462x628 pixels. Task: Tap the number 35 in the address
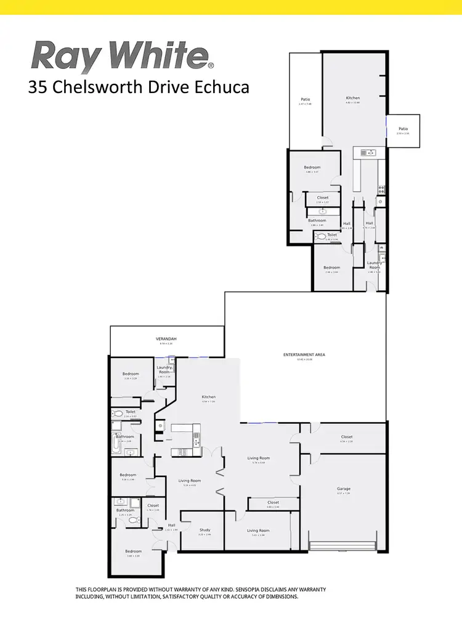[x=38, y=88]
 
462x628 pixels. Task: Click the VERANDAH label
[x=166, y=339]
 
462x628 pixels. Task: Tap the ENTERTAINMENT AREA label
[x=304, y=355]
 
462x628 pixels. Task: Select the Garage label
[x=343, y=489]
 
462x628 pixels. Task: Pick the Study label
[x=205, y=530]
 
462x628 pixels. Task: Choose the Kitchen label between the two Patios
[x=352, y=98]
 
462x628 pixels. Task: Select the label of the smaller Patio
[x=403, y=129]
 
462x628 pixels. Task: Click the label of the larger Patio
[x=305, y=99]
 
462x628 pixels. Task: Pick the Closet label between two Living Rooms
[x=273, y=502]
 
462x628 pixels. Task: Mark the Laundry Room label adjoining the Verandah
[x=164, y=370]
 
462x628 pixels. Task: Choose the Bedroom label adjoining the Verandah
[x=130, y=373]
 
